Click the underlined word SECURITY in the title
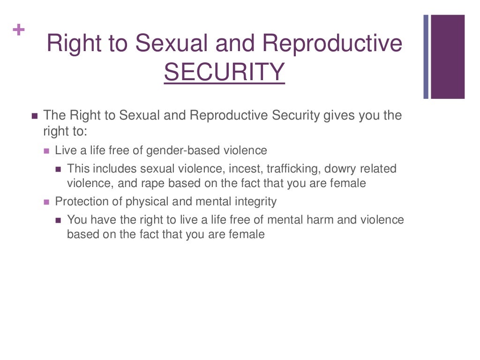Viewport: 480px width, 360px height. [x=224, y=72]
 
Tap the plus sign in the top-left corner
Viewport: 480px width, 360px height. [x=19, y=30]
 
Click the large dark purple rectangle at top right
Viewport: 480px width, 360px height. [x=448, y=57]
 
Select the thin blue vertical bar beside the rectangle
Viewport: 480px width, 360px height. [x=426, y=57]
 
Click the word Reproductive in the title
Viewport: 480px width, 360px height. [x=332, y=43]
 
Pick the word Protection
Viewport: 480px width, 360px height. [x=78, y=202]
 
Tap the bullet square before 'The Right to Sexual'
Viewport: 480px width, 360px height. [x=34, y=116]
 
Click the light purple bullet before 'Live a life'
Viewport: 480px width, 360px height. [x=46, y=151]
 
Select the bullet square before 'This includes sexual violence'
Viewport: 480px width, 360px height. [x=58, y=169]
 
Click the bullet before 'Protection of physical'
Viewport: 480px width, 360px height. [x=46, y=202]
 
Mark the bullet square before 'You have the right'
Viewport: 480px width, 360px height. [x=58, y=220]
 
